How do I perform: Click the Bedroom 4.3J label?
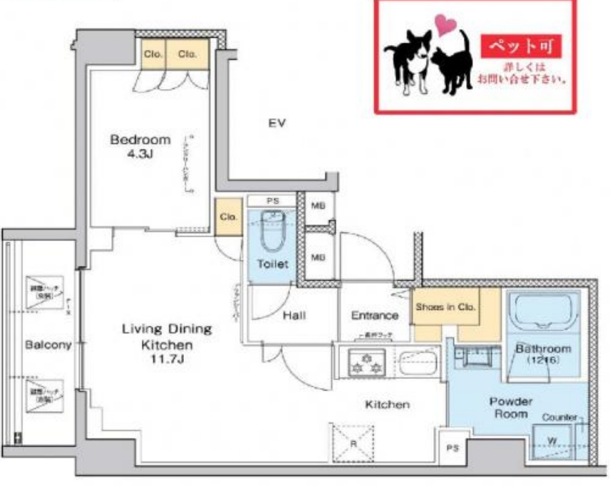140,146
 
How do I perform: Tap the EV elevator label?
277,123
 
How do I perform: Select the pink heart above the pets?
447,26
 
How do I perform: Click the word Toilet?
272,264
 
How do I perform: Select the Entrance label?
374,315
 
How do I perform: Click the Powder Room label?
510,408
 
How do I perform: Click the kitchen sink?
419,363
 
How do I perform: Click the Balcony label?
48,346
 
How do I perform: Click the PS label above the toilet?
272,202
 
